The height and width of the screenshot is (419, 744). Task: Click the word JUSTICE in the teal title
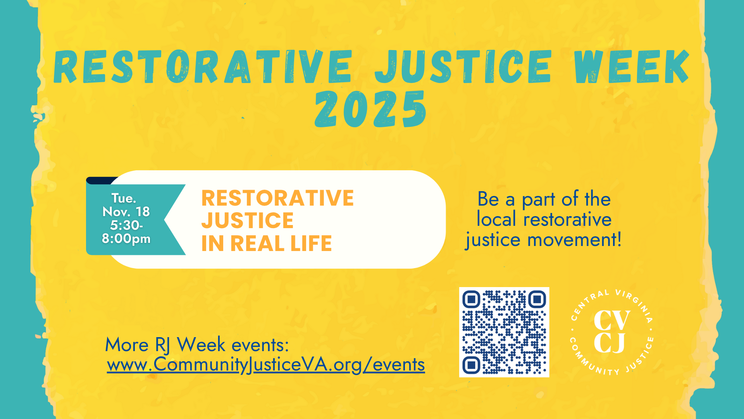click(x=463, y=67)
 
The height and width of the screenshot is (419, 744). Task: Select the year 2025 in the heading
click(x=371, y=109)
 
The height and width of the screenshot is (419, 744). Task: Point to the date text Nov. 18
click(x=126, y=212)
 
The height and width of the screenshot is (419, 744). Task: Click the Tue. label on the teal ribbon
click(x=124, y=198)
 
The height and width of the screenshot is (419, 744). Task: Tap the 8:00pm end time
click(x=126, y=238)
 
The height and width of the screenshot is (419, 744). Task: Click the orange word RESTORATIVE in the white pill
click(x=277, y=198)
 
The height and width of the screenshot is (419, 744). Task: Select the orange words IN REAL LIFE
click(x=267, y=244)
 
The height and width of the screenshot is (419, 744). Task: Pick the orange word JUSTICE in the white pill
click(x=248, y=221)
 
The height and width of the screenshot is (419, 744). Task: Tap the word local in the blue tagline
click(x=496, y=219)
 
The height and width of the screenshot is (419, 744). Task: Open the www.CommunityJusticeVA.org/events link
click(x=266, y=365)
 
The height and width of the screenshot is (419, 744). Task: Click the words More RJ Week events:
click(x=197, y=345)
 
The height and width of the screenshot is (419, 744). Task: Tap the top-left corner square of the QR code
click(x=471, y=299)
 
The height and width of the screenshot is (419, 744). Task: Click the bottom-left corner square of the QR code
click(x=471, y=365)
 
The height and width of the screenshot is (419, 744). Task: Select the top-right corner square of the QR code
click(x=537, y=299)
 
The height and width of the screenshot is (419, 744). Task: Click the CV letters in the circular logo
click(x=612, y=320)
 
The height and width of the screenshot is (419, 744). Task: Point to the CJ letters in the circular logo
click(x=610, y=343)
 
